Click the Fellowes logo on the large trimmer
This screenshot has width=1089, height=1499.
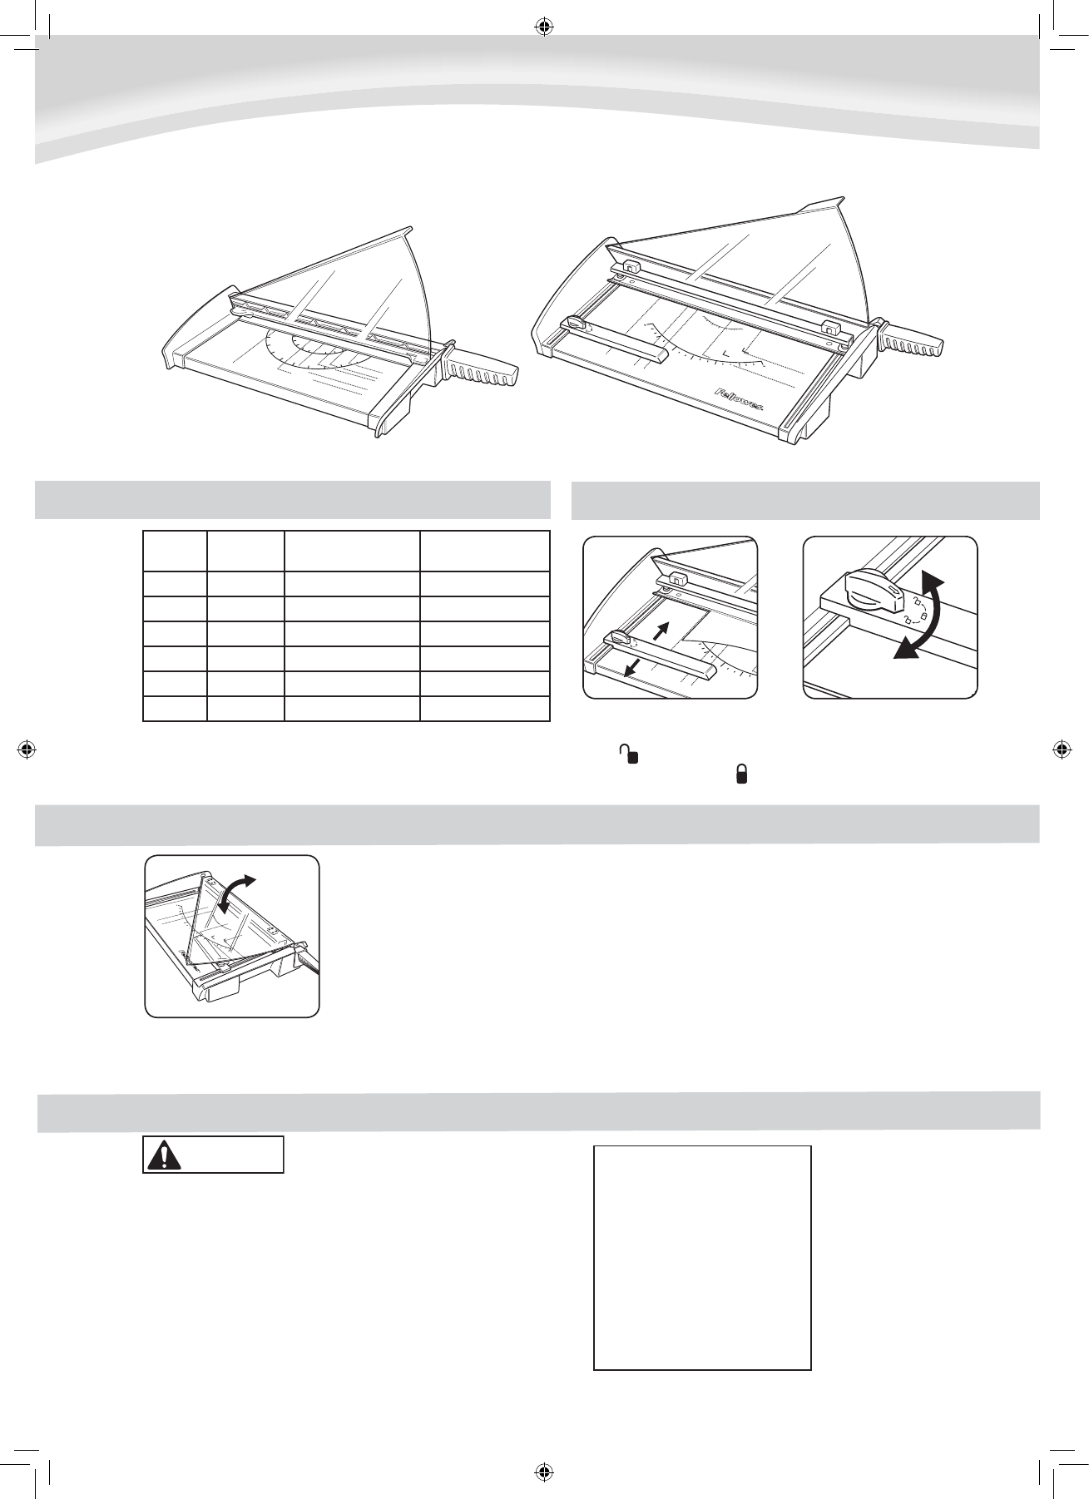tap(745, 397)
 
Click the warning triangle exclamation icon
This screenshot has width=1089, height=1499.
tap(163, 1155)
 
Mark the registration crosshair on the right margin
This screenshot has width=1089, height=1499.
tap(1062, 749)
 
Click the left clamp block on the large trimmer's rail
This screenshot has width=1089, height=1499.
tap(628, 267)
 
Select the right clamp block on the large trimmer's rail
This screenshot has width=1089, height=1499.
tap(829, 327)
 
